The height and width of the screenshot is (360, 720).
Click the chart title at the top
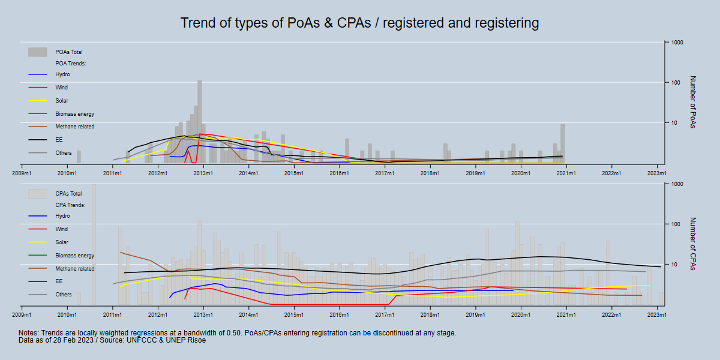[359, 23]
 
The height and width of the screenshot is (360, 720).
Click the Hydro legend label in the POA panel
[62, 74]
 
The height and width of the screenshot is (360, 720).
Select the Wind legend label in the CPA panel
[61, 229]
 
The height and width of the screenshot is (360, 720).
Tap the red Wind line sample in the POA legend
[37, 88]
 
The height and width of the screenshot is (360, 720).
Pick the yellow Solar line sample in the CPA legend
[37, 242]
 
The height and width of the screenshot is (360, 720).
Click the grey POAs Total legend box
[37, 52]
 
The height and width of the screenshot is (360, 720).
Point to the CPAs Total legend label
[68, 194]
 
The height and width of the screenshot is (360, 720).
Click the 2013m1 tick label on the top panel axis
[203, 173]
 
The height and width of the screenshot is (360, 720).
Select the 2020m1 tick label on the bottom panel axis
[520, 315]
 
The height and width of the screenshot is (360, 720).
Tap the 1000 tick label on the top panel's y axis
[678, 43]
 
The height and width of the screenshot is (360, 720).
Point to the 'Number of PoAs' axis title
[692, 102]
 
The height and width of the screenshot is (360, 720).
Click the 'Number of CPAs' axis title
[692, 244]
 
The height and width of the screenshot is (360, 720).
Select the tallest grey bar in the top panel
[199, 120]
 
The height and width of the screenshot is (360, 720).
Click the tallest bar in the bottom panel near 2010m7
[94, 243]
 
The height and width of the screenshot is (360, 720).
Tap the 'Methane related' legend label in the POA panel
[74, 127]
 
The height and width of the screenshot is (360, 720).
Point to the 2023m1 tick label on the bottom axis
[657, 315]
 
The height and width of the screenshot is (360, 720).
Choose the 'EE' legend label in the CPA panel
[59, 281]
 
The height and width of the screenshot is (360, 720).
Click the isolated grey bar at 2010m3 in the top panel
[79, 157]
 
